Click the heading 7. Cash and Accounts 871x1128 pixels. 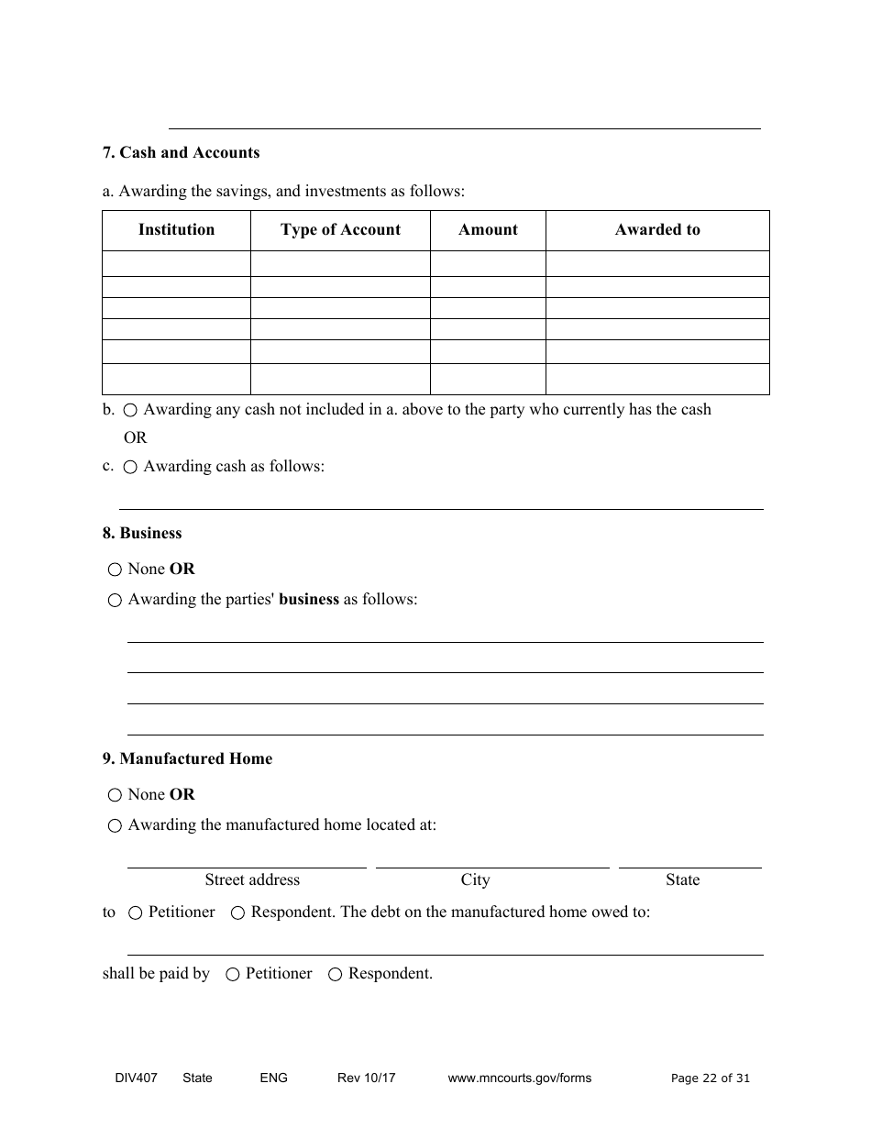(181, 152)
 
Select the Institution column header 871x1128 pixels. (176, 230)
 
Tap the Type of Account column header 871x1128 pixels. (340, 230)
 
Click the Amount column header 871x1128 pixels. (488, 230)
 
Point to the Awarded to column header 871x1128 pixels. (657, 230)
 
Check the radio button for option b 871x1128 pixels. (130, 411)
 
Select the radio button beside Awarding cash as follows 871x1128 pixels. (130, 467)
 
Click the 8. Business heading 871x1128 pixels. (142, 533)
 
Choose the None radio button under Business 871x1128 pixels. (115, 570)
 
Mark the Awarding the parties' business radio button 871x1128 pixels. (115, 601)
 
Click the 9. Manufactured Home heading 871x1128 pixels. (187, 758)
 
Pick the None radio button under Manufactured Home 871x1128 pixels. (115, 795)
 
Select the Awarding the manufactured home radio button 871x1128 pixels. (115, 826)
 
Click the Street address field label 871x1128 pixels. (252, 880)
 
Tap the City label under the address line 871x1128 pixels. (475, 880)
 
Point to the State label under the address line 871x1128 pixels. (682, 880)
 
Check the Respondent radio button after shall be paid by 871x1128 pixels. (336, 975)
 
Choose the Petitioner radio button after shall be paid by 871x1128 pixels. (233, 975)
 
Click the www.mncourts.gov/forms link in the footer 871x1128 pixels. (519, 1078)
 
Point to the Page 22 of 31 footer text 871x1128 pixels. (711, 1078)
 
